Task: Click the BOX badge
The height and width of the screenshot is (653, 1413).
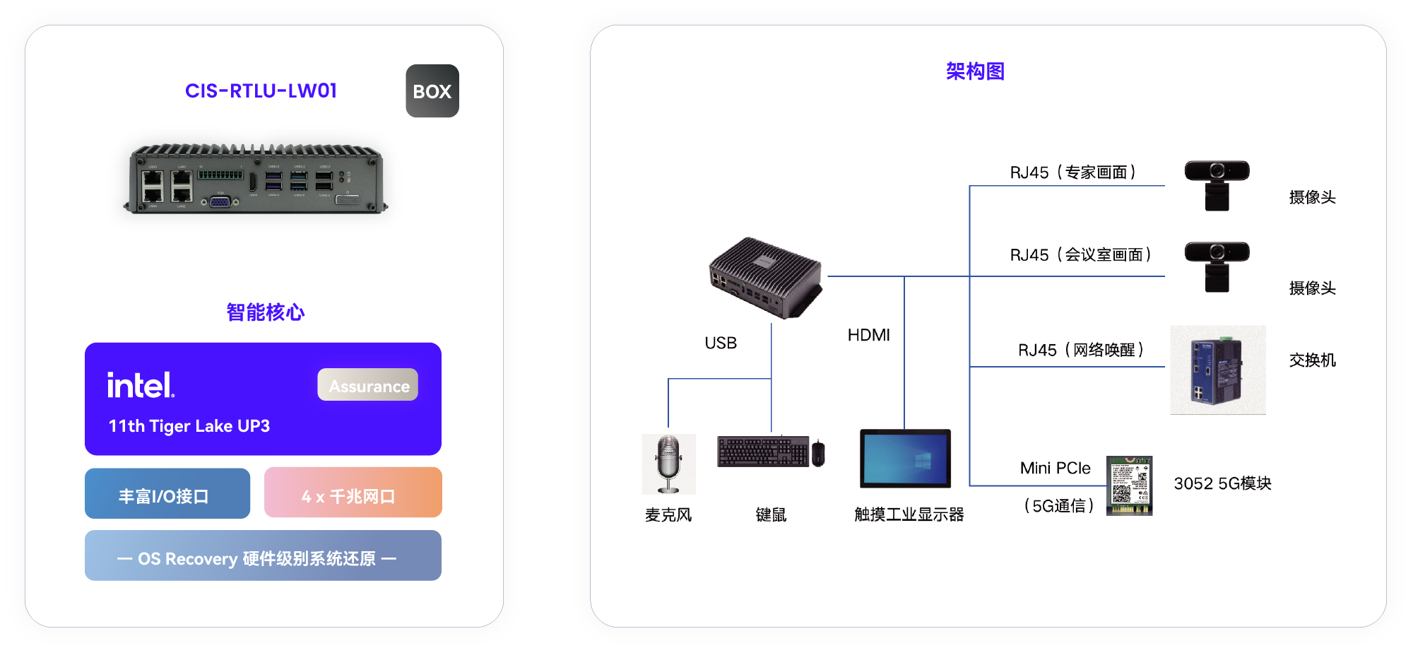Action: tap(432, 91)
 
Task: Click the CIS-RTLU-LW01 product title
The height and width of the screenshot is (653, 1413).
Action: tap(261, 91)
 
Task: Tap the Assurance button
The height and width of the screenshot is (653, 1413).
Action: tap(368, 385)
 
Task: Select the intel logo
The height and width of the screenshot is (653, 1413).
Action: tap(141, 385)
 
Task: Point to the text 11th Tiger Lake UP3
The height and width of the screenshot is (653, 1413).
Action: tap(189, 426)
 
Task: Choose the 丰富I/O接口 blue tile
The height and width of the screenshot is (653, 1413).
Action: tap(167, 494)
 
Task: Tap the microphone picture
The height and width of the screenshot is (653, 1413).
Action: tap(668, 463)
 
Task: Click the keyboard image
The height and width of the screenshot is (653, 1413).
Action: tap(763, 451)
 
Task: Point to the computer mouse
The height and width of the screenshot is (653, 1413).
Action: tap(818, 453)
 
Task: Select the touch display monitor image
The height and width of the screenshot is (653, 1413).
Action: tap(905, 459)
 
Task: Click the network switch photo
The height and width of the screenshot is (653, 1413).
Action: tap(1217, 370)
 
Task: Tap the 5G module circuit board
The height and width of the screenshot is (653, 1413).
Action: tap(1129, 486)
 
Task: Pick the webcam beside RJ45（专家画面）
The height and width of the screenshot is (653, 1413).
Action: tap(1217, 184)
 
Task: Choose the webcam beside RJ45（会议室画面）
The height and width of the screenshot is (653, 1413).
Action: tap(1217, 266)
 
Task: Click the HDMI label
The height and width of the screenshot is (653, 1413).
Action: tap(868, 336)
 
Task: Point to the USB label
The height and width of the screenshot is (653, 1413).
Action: tap(721, 343)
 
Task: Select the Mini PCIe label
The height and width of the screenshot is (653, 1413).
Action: tap(1055, 469)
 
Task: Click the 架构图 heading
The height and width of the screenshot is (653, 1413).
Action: tap(975, 71)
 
